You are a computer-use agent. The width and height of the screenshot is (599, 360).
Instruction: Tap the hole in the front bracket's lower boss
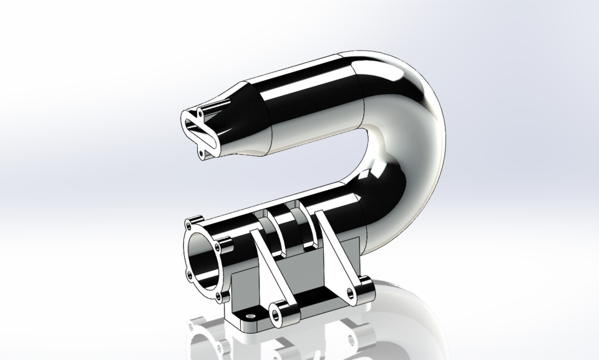[x=275, y=310]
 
